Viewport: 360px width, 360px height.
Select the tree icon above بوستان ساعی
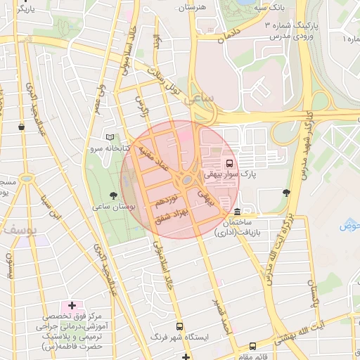pos(114,193)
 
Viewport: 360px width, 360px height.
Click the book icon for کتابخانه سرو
pos(108,137)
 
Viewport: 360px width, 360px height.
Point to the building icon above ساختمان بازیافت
pos(237,212)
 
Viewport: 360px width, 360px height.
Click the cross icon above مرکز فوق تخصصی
pos(72,305)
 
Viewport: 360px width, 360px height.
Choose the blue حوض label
pos(349,225)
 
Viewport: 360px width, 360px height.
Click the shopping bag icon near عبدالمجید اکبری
pos(23,127)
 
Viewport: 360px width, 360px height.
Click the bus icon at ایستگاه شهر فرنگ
pos(180,327)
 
